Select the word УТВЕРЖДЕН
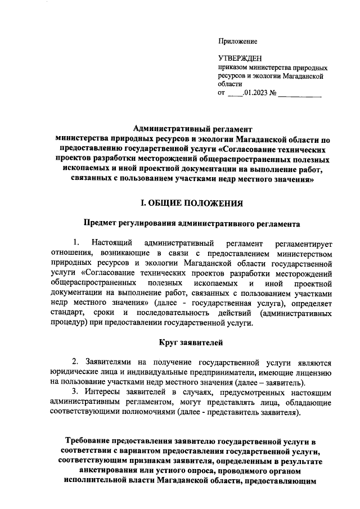[x=238, y=58]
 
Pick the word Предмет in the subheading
[x=100, y=223]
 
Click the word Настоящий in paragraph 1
[x=111, y=244]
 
